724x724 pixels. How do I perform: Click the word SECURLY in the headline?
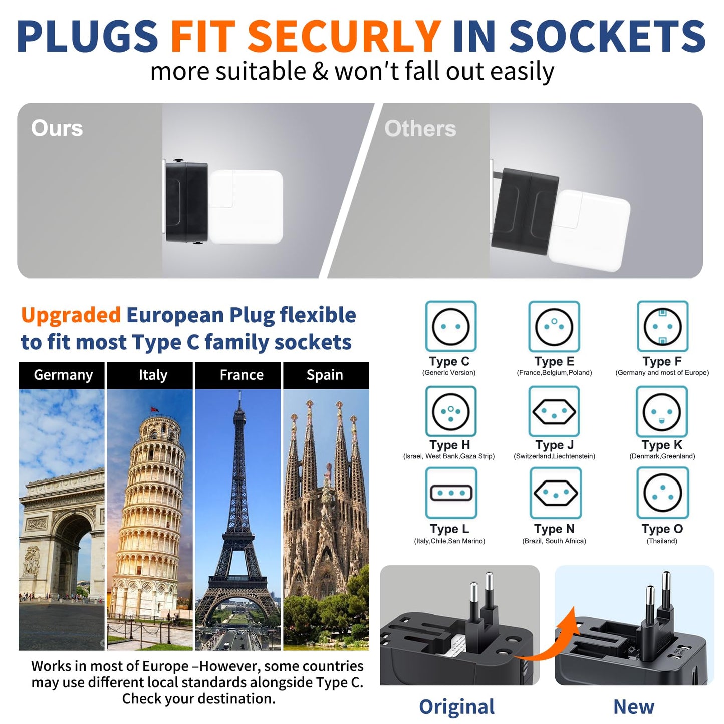[x=343, y=36]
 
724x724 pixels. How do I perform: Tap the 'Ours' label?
[x=57, y=128]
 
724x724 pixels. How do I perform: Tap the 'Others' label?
[x=420, y=128]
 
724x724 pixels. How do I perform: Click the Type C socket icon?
[x=450, y=326]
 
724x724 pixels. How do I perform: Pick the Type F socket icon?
[x=662, y=326]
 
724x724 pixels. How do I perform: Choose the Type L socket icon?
[x=451, y=493]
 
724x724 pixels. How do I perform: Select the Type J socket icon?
[x=554, y=411]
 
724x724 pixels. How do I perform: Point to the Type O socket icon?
[x=662, y=493]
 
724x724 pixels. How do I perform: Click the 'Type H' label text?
[x=450, y=445]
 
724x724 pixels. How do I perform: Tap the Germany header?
[x=63, y=375]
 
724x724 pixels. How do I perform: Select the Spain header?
[x=325, y=375]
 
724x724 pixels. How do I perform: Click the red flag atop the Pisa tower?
[x=153, y=409]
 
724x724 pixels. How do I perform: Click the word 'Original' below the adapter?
[x=456, y=707]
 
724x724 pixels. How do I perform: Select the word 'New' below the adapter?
[x=634, y=707]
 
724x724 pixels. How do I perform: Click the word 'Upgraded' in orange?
[x=71, y=315]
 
